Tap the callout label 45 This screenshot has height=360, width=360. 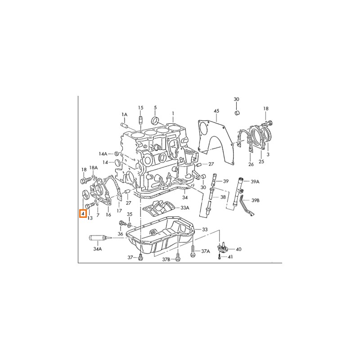tap(216, 111)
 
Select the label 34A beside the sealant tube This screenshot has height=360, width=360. tap(97, 249)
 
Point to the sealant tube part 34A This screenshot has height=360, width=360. tap(98, 238)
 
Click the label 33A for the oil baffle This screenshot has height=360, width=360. tap(185, 208)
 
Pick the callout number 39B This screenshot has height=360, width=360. tap(255, 200)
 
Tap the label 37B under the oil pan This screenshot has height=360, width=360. tap(166, 260)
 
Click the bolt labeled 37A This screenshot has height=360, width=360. tap(193, 251)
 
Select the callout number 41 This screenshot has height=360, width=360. tap(230, 256)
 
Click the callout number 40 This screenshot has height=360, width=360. tap(238, 249)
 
